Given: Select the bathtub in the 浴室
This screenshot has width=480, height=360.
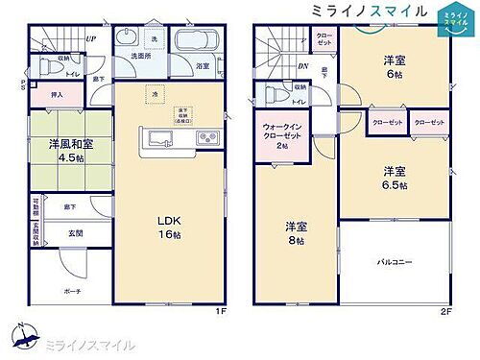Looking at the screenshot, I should click(x=199, y=44).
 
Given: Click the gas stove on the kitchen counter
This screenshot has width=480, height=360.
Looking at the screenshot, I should click(x=208, y=138).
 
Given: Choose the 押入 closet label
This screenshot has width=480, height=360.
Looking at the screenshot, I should click(x=45, y=96).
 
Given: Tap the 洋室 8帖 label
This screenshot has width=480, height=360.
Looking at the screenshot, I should click(x=295, y=233).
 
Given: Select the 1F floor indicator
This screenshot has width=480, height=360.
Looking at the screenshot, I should click(x=220, y=312).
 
